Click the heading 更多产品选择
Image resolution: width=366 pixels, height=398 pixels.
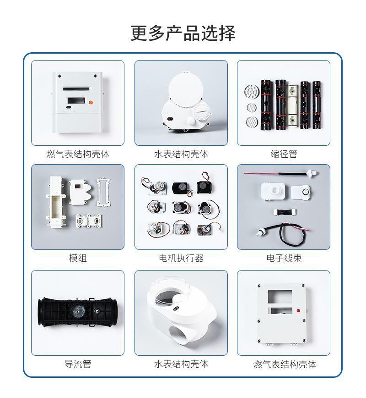(183, 33)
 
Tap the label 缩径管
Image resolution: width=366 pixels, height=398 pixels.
(284, 154)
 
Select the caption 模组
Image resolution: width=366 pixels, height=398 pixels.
(78, 258)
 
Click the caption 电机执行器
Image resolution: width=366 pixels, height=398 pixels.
(181, 258)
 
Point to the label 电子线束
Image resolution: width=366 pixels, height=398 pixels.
(284, 258)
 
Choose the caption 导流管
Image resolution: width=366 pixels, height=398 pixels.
(78, 364)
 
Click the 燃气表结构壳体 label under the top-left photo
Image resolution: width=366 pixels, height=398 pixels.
(78, 154)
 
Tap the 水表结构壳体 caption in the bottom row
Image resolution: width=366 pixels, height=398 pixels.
(181, 364)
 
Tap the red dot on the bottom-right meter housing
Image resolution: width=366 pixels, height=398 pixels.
(299, 310)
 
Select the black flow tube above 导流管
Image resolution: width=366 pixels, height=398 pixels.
(77, 314)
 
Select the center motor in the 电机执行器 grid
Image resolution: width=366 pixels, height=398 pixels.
(180, 207)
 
